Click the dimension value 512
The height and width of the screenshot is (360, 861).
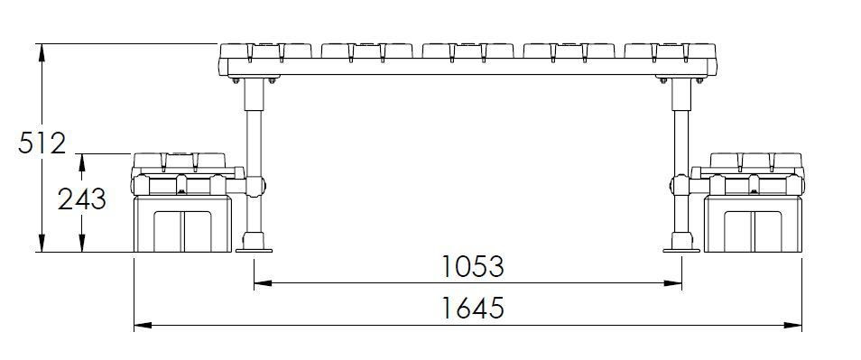click(43, 143)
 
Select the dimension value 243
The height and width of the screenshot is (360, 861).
click(81, 198)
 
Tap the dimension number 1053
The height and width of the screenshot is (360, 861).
click(471, 267)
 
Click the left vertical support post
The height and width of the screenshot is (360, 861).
click(254, 144)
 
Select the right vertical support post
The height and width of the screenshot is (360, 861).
click(680, 144)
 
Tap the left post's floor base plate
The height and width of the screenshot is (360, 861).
click(254, 246)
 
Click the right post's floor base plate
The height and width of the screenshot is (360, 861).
click(680, 246)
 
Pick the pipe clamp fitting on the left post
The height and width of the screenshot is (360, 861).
click(254, 187)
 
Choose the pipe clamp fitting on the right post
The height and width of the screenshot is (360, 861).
click(680, 187)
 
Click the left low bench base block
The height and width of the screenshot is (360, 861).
click(183, 226)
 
